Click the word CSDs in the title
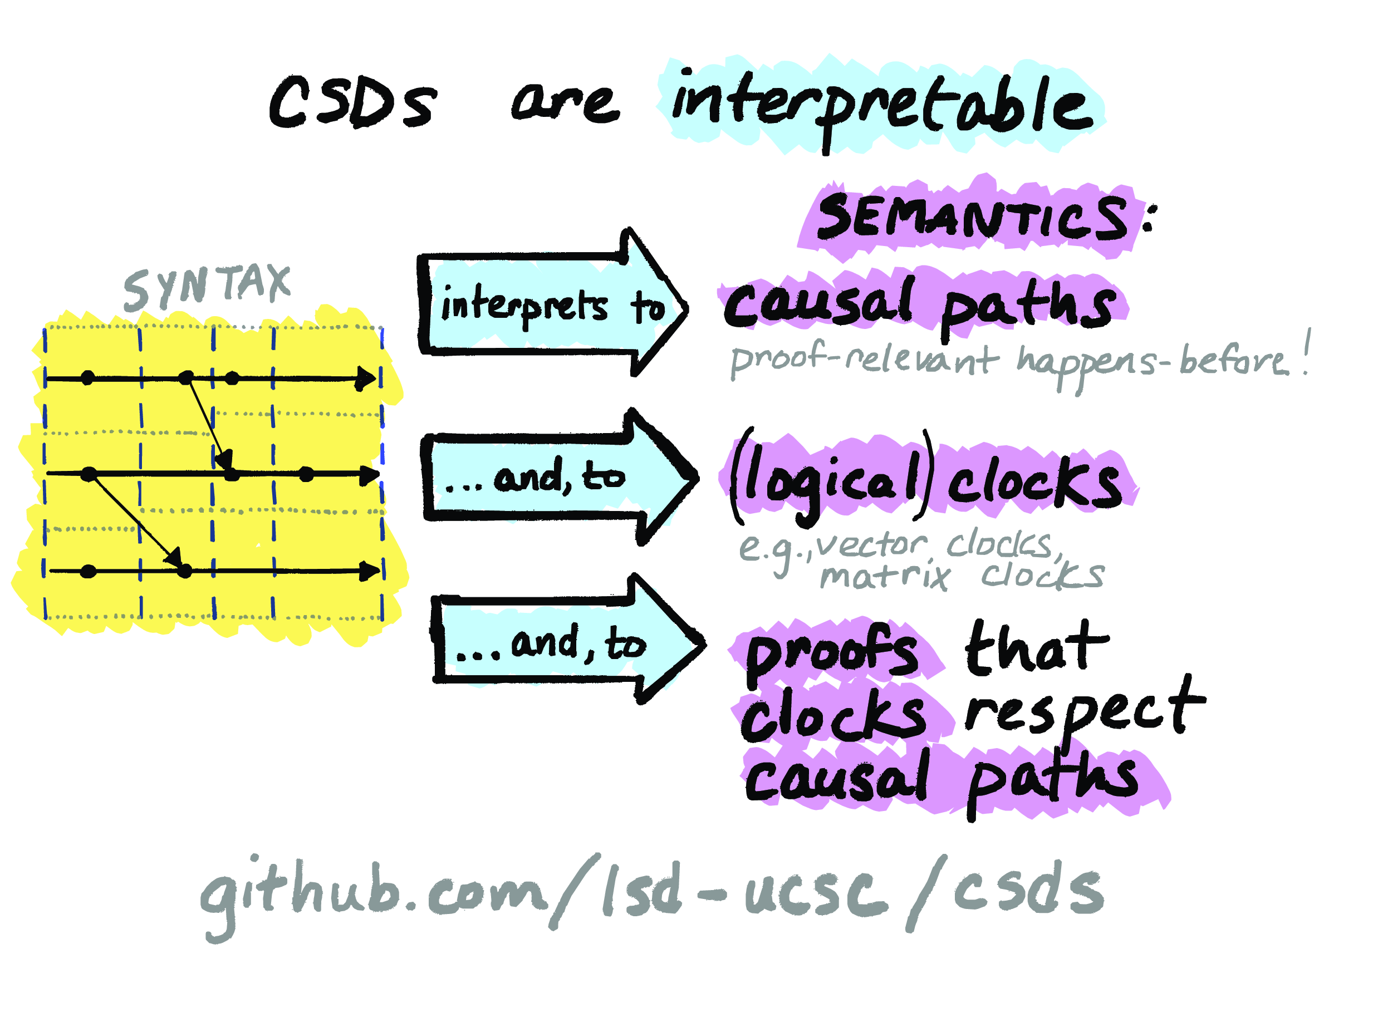pos(352,103)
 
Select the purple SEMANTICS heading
pos(972,217)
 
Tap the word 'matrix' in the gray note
pos(885,576)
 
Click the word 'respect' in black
pos(1084,711)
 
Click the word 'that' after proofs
pos(1037,648)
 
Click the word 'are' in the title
pos(565,103)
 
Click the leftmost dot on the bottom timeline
pos(89,571)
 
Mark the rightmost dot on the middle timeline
pos(306,475)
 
